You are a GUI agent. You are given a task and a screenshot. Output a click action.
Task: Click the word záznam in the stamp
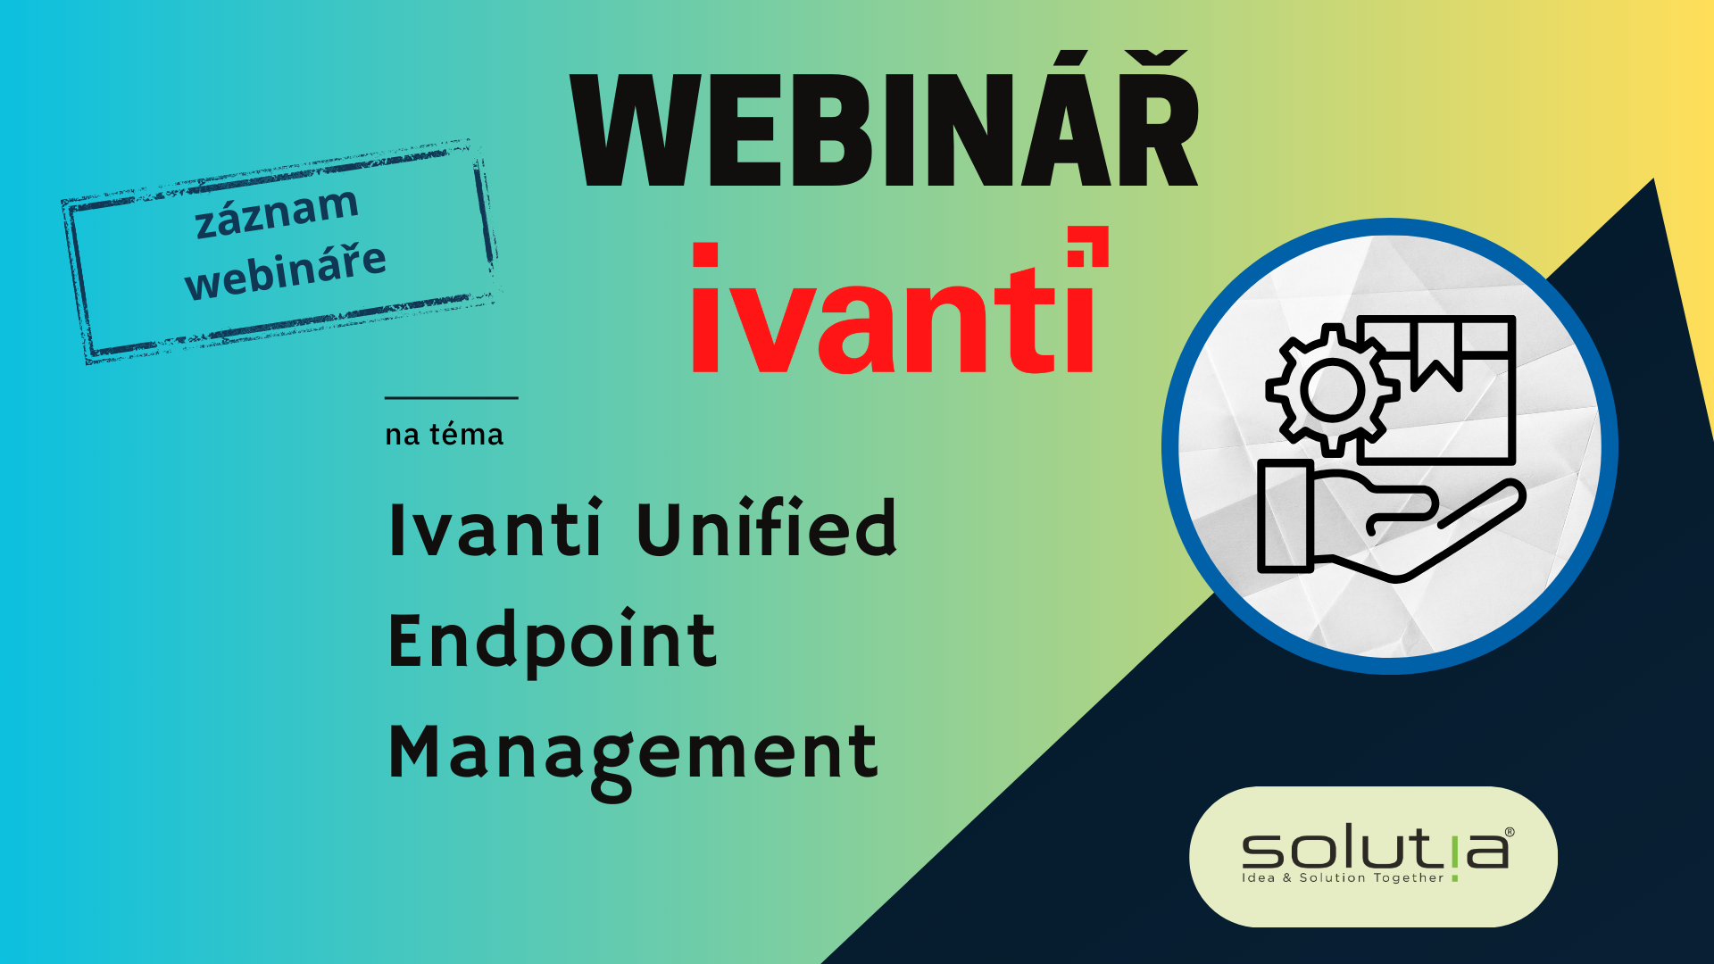[277, 212]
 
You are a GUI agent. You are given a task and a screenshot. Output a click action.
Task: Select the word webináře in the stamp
[286, 270]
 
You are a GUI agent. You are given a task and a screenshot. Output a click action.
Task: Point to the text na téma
[444, 435]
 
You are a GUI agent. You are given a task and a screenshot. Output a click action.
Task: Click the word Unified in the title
[767, 528]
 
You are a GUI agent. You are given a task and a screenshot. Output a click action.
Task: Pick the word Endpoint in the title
[553, 641]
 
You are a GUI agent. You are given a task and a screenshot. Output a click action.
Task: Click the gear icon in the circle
[1332, 390]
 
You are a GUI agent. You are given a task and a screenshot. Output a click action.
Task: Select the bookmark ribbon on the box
[1436, 353]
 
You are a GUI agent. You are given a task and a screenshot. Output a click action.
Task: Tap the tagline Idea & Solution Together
[1343, 878]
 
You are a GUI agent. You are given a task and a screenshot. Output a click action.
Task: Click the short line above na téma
[452, 397]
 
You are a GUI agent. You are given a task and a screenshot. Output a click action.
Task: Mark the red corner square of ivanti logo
[1089, 246]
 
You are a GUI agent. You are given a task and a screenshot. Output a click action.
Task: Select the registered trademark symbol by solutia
[1510, 832]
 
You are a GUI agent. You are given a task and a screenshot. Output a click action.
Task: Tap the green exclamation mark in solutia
[1455, 854]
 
